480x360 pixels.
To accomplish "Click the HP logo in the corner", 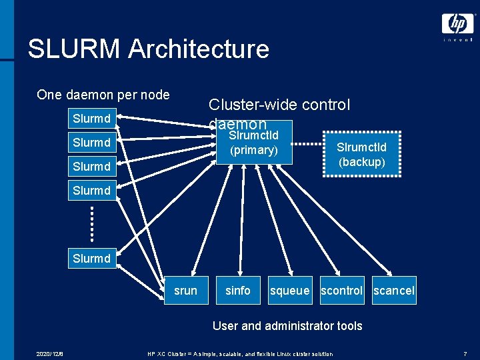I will [457, 25].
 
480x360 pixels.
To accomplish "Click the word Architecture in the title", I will [199, 49].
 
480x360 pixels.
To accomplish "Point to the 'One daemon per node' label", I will [103, 95].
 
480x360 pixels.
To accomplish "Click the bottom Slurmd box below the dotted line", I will [91, 258].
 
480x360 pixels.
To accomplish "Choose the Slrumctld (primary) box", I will [253, 142].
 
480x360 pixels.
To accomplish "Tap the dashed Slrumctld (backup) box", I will [361, 155].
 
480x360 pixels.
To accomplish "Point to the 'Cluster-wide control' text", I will [279, 105].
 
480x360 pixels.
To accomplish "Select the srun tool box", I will [185, 290].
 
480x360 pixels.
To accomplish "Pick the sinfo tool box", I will [238, 290].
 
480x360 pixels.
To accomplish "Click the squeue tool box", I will [289, 290].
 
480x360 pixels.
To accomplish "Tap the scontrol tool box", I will [341, 290].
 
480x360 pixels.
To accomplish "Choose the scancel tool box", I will [394, 290].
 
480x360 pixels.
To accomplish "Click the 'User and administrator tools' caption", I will [287, 325].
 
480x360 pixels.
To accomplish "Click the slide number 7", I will [465, 353].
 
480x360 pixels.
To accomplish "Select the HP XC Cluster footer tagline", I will [240, 353].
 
